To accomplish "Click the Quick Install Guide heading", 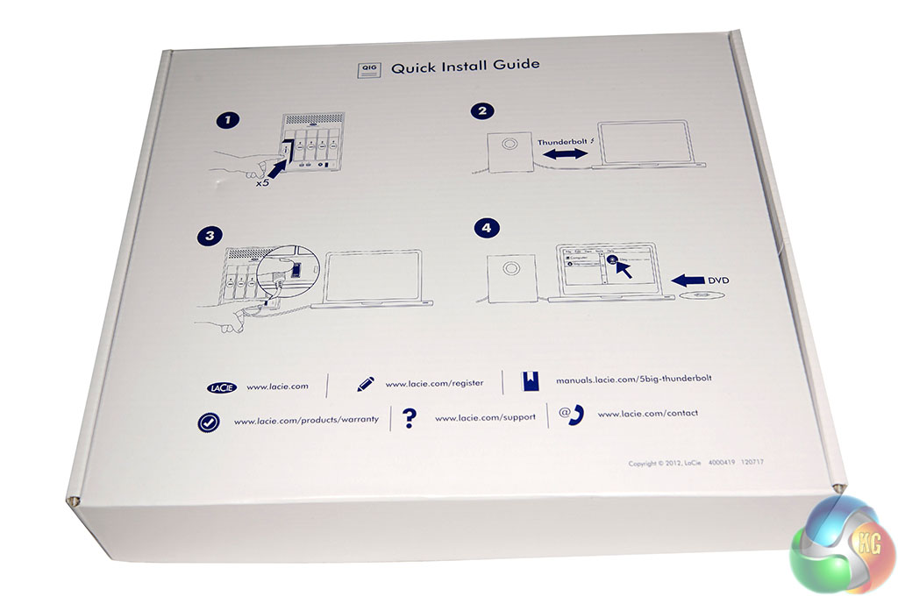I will (465, 66).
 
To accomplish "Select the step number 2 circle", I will (482, 111).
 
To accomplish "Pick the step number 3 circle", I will (210, 235).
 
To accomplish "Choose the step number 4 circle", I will (487, 228).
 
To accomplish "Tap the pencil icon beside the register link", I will (365, 384).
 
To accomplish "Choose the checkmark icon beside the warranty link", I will (208, 422).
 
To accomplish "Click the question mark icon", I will (409, 418).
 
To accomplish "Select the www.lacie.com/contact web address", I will (647, 413).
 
